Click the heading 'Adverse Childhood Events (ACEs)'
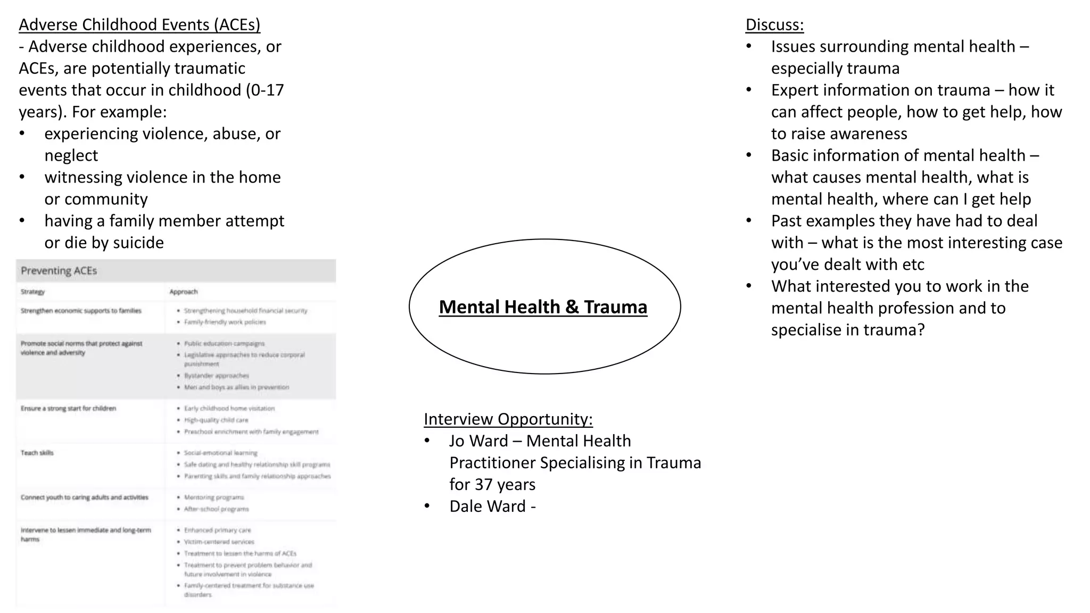(x=139, y=25)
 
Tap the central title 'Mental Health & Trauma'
(x=543, y=307)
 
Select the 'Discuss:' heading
(x=774, y=25)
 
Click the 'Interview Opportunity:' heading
(x=508, y=419)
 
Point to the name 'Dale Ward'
(x=488, y=506)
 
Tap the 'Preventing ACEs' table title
(x=59, y=271)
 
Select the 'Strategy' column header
(x=32, y=292)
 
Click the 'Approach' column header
(x=183, y=292)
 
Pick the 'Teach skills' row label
(x=37, y=453)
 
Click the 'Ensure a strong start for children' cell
(x=68, y=408)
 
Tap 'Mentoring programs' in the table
(x=214, y=497)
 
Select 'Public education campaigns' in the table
(x=224, y=343)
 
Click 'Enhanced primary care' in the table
(x=217, y=530)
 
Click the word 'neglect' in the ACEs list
(x=71, y=155)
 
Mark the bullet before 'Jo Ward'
(x=427, y=441)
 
